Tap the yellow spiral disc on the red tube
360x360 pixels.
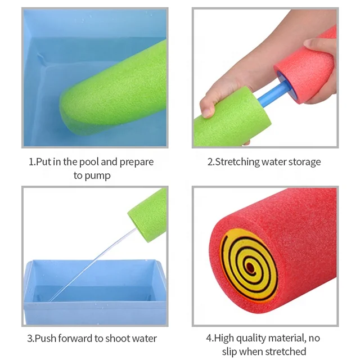coord(247,264)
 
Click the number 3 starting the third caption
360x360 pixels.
coord(29,339)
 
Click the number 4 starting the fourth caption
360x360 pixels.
coord(209,338)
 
